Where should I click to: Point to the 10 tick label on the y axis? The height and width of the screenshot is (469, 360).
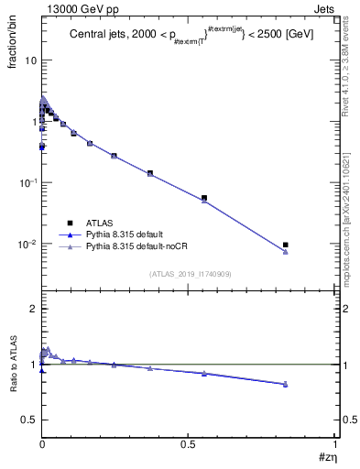(29, 60)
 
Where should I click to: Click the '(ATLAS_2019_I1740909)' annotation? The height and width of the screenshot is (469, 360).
(189, 273)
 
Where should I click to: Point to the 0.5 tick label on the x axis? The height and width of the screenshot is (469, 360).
(188, 443)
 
